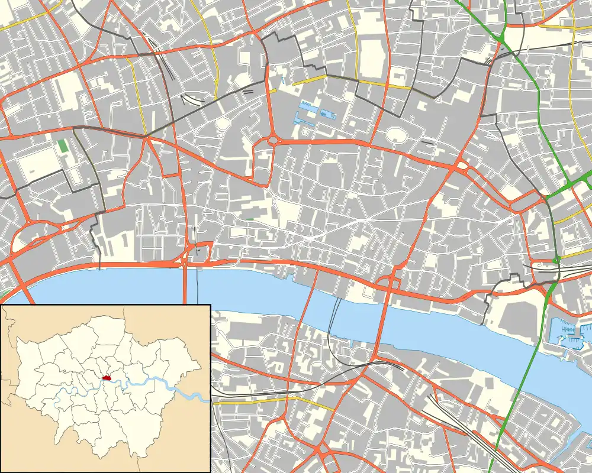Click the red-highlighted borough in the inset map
(107, 377)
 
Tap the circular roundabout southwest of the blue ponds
(274, 141)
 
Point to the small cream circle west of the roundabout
(223, 124)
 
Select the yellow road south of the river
(266, 400)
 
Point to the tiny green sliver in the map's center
(250, 219)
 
